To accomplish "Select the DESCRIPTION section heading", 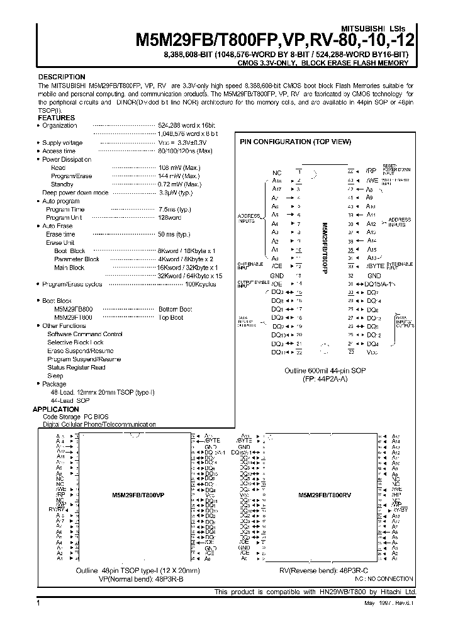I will tap(62, 77).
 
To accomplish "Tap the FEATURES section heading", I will tap(57, 118).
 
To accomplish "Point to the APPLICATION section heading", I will tap(60, 409).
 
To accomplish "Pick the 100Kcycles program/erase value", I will tap(200, 285).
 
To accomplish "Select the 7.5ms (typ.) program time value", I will tap(174, 209).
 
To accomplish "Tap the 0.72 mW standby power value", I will tap(179, 184).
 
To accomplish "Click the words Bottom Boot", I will tap(175, 310).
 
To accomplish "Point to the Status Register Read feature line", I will tap(76, 367).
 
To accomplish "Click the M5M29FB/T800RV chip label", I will tap(325, 495).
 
